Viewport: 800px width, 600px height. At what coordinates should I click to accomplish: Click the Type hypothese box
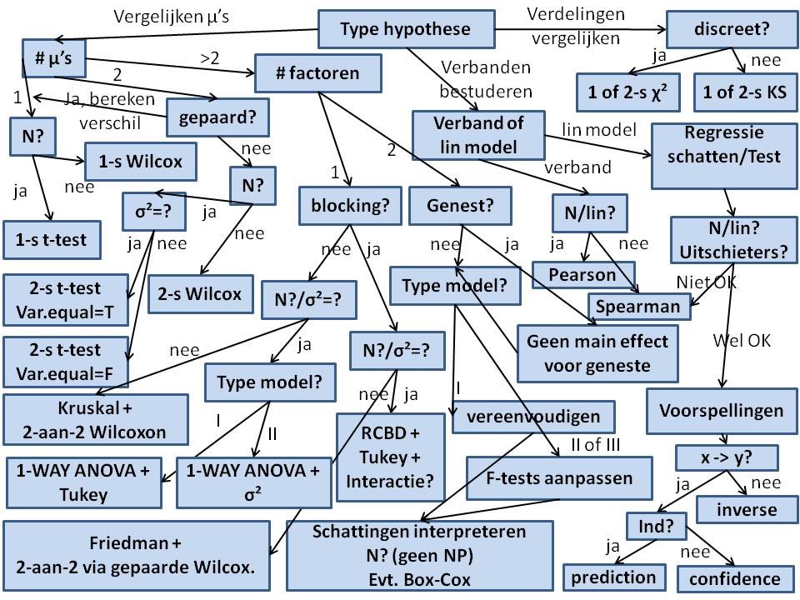click(405, 30)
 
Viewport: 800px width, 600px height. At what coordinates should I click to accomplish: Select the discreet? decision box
click(731, 30)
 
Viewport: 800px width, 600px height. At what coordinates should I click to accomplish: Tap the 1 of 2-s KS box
click(741, 92)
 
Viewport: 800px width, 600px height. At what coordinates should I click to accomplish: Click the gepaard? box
click(217, 117)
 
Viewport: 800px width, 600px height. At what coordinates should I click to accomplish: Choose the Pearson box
click(582, 274)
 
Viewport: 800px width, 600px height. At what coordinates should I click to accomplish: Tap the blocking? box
click(350, 204)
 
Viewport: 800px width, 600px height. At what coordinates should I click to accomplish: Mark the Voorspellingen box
click(721, 410)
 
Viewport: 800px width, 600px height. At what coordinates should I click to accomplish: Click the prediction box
click(613, 577)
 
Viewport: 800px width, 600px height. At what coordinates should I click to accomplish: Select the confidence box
click(729, 578)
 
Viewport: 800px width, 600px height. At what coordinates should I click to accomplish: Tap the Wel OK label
click(742, 340)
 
